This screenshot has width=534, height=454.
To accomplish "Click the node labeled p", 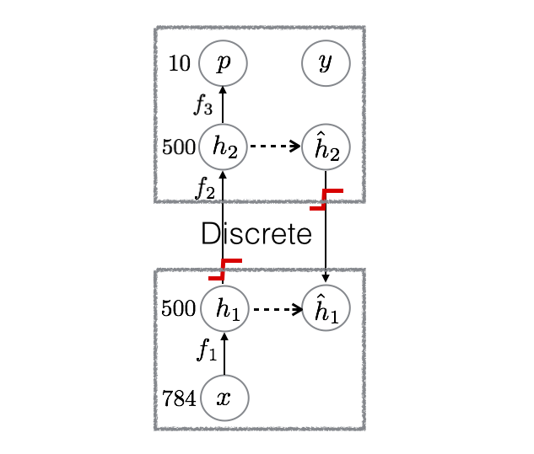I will (223, 63).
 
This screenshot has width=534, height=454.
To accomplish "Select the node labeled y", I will (326, 63).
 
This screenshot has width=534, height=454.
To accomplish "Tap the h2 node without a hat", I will (223, 147).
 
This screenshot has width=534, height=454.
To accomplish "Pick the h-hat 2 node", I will (326, 147).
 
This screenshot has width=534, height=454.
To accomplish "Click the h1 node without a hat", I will (224, 308).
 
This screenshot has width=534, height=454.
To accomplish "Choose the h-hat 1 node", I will (326, 308).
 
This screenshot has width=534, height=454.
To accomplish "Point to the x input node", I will (224, 398).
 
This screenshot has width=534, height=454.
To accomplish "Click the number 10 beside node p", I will (180, 63).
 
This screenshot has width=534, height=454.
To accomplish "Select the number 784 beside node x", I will (179, 398).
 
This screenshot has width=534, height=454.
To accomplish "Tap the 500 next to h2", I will (179, 147).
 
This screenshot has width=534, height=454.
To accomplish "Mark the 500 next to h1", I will (179, 309).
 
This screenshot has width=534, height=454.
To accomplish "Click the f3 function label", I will (203, 105).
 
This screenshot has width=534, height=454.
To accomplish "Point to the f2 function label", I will (205, 187).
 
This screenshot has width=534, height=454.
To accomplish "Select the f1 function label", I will (207, 350).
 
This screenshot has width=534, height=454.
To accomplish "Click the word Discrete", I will (256, 233).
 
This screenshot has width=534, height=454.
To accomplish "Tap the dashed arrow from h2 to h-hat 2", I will (275, 147).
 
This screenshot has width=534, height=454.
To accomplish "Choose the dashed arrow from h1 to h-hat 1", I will (277, 309).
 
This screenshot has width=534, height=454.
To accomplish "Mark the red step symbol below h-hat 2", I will (326, 199).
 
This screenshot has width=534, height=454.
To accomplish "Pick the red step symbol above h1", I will (225, 269).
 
